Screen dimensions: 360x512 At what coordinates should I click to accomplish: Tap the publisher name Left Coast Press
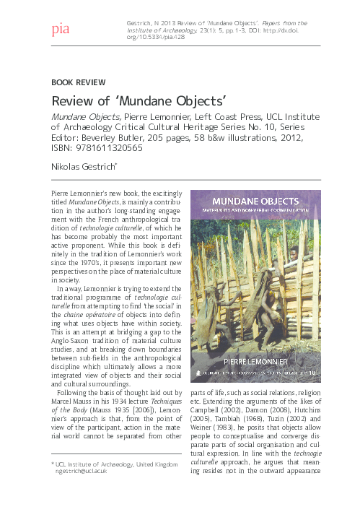215,116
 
